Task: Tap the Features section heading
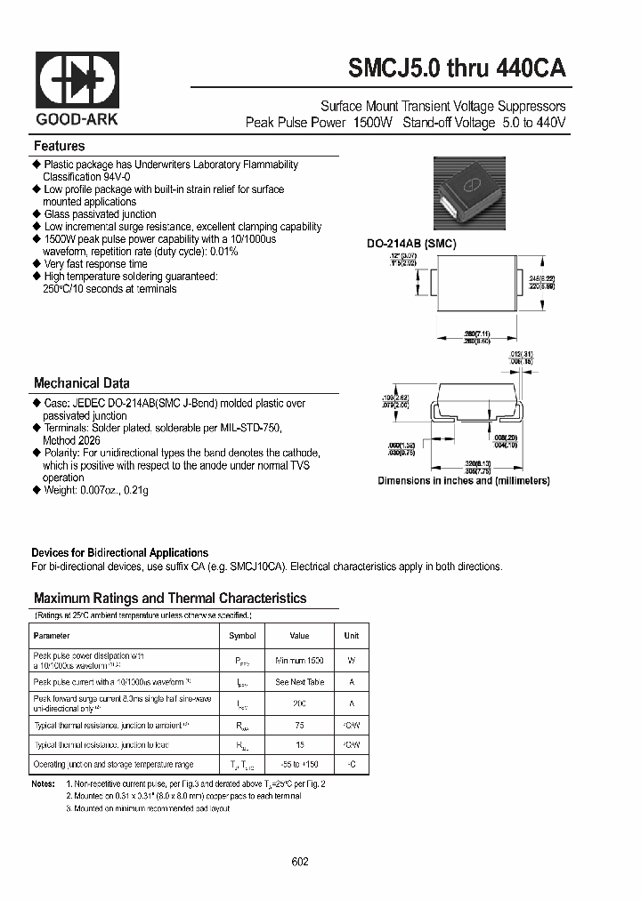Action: pyautogui.click(x=59, y=146)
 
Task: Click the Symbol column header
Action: pyautogui.click(x=242, y=636)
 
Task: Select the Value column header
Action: pyautogui.click(x=300, y=636)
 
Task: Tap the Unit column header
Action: pyautogui.click(x=351, y=636)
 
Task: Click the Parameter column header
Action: pyautogui.click(x=52, y=636)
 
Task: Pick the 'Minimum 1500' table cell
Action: pyautogui.click(x=300, y=661)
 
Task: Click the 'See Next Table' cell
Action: pyautogui.click(x=300, y=682)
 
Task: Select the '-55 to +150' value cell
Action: pyautogui.click(x=300, y=765)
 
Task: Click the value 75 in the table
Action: pyautogui.click(x=300, y=724)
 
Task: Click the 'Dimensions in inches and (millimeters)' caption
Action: pyautogui.click(x=463, y=480)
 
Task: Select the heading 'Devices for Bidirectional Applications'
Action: pyautogui.click(x=119, y=552)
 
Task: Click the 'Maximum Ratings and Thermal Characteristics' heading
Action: pyautogui.click(x=169, y=599)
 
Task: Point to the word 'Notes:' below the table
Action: pyautogui.click(x=43, y=784)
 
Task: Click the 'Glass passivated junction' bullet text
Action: pyautogui.click(x=100, y=214)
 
